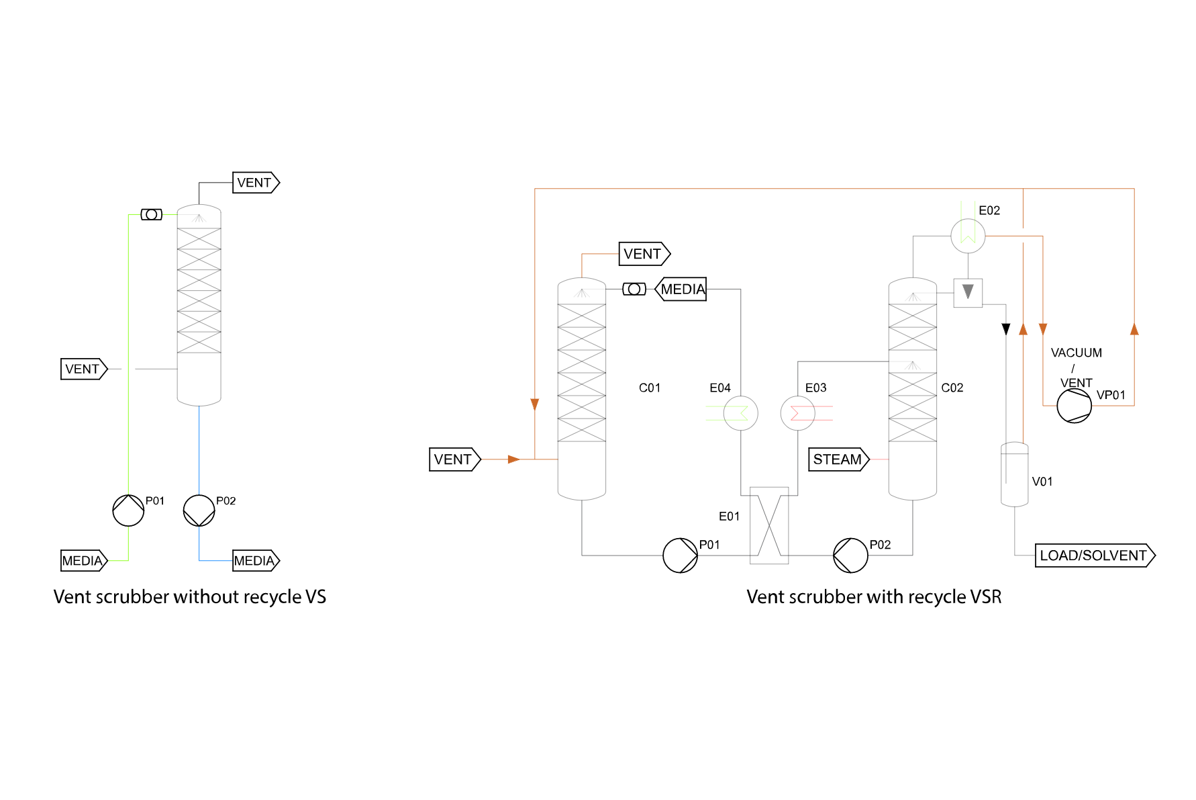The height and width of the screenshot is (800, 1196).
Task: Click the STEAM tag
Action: click(838, 459)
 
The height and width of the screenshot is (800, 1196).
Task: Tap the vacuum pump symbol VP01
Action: click(1074, 406)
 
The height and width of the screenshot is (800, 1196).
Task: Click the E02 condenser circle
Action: click(968, 236)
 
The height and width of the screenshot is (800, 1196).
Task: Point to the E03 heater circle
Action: click(798, 413)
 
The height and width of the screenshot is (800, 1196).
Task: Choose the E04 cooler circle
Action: click(740, 413)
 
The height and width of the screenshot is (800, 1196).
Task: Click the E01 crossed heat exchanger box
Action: click(769, 525)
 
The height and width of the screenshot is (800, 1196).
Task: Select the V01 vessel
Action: click(1014, 474)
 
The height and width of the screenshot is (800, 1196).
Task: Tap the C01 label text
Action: click(649, 388)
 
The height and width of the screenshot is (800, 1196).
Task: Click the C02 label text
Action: click(952, 388)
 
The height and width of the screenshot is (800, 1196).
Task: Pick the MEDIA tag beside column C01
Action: click(681, 290)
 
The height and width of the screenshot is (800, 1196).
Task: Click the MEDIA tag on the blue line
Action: click(255, 561)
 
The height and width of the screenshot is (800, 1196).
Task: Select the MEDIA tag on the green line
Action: click(83, 561)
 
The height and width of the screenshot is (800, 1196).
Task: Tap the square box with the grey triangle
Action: click(968, 293)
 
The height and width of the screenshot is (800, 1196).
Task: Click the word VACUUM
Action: click(1076, 353)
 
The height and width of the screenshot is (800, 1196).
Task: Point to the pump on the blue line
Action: click(199, 510)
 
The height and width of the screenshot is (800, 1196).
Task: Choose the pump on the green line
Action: click(128, 510)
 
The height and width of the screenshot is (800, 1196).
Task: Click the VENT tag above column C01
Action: click(644, 254)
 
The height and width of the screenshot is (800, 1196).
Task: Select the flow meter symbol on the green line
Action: click(152, 214)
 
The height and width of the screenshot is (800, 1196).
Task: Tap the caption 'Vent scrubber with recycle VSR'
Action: click(874, 596)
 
